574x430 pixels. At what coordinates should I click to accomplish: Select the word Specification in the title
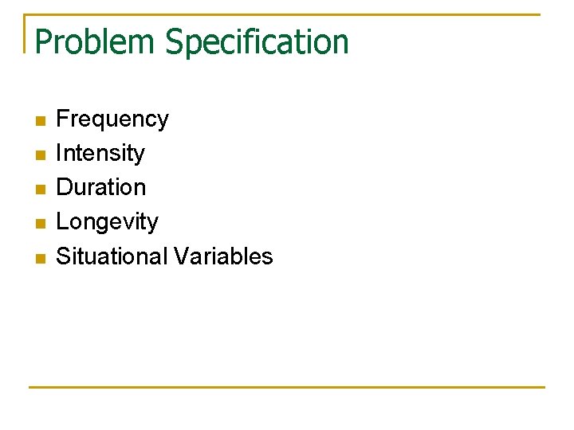click(x=257, y=41)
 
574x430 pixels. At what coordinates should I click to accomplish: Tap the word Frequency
click(x=112, y=119)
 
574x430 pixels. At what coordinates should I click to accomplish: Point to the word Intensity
click(x=100, y=153)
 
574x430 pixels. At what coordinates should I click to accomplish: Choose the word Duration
click(x=101, y=187)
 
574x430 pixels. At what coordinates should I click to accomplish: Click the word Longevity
click(x=108, y=221)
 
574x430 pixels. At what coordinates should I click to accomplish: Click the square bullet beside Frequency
click(x=41, y=121)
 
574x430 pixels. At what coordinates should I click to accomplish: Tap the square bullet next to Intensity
click(x=41, y=155)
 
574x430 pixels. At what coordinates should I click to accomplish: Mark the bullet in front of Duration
click(x=41, y=190)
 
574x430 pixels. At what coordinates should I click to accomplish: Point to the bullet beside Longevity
click(x=41, y=224)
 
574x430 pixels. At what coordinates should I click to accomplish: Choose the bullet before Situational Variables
click(x=41, y=258)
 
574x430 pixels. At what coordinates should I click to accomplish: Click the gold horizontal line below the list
click(x=287, y=387)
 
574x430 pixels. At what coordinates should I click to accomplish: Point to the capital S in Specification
click(x=175, y=41)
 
